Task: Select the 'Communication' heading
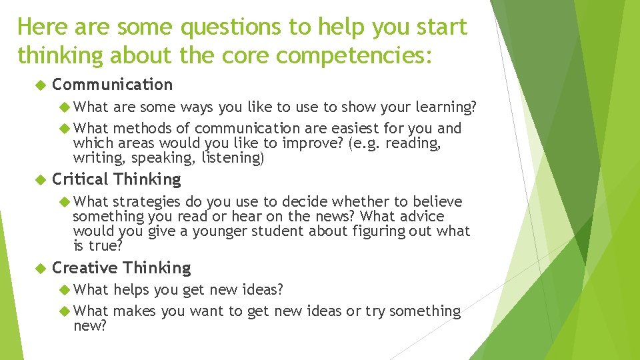point(112,85)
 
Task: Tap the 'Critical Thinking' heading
point(116,179)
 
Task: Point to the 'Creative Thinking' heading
point(121,268)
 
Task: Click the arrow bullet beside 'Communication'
point(39,85)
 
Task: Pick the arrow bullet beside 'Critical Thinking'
point(39,179)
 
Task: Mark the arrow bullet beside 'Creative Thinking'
point(39,268)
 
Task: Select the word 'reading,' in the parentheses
point(413,143)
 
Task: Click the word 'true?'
point(105,245)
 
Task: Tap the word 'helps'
point(131,289)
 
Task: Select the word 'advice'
point(422,216)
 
